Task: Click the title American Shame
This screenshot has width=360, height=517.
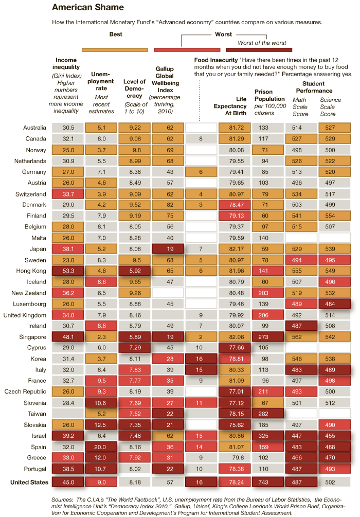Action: (x=88, y=8)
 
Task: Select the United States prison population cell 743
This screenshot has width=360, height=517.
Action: (x=267, y=482)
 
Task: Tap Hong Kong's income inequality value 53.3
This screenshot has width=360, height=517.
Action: (x=68, y=271)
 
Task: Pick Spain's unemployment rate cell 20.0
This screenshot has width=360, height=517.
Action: (x=101, y=447)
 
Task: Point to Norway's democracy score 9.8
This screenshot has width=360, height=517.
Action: (x=135, y=150)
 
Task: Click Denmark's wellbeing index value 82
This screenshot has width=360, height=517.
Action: (x=168, y=205)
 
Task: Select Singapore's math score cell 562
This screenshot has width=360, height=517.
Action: (x=301, y=337)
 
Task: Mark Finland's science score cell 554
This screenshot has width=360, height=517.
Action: (x=335, y=216)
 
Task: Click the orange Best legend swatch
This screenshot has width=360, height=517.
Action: (x=115, y=49)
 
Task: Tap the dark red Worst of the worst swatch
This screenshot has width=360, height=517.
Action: (x=259, y=49)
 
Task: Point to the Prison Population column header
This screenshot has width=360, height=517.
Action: (x=269, y=98)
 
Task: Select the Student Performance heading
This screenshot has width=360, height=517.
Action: (x=313, y=87)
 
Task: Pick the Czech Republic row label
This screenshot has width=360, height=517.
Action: (x=28, y=392)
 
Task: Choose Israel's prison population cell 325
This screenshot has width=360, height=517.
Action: (x=267, y=436)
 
